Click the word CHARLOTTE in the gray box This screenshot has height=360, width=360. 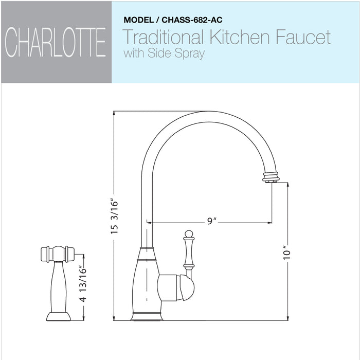pyautogui.click(x=56, y=43)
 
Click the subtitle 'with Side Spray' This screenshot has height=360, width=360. pyautogui.click(x=164, y=53)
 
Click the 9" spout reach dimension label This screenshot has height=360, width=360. pyautogui.click(x=211, y=221)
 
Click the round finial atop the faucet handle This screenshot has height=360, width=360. pyautogui.click(x=189, y=234)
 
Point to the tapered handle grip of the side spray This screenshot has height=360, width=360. pyautogui.click(x=57, y=285)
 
